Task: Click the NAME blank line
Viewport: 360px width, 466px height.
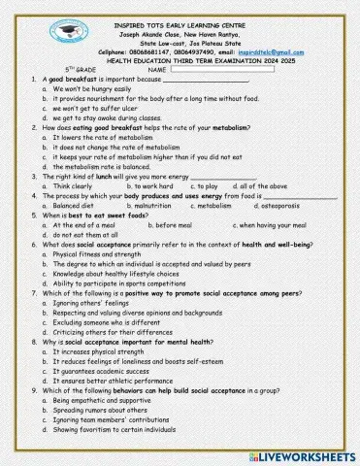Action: click(x=224, y=70)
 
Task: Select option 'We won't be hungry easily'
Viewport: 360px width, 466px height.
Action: click(x=92, y=88)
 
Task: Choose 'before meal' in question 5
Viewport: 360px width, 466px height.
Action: click(x=177, y=224)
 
